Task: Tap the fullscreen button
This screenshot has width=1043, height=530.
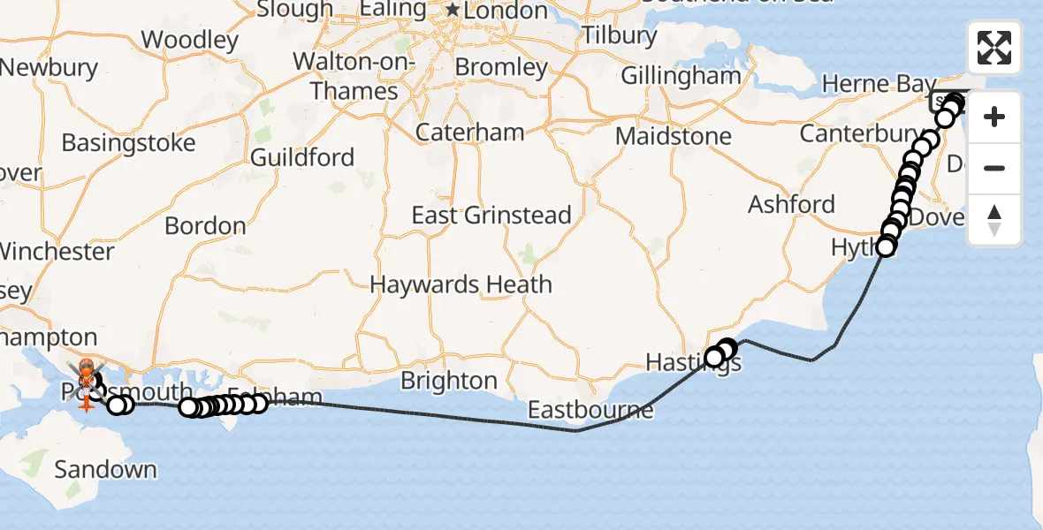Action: [x=994, y=48]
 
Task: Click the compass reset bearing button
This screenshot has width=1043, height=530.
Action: [x=994, y=220]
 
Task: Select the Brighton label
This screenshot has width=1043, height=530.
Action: [x=449, y=381]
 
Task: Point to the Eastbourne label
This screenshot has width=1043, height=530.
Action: [x=591, y=410]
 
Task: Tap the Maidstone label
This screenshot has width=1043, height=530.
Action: [x=674, y=137]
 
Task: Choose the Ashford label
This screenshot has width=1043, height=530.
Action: [x=791, y=205]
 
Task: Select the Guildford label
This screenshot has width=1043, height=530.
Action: [x=302, y=158]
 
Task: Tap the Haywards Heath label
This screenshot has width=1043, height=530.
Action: [x=461, y=285]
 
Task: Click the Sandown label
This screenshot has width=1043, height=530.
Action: [x=105, y=469]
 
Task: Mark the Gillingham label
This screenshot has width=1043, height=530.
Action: [x=681, y=76]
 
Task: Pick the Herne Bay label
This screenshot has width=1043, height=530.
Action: [x=866, y=85]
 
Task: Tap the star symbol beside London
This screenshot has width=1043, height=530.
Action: [x=453, y=11]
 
